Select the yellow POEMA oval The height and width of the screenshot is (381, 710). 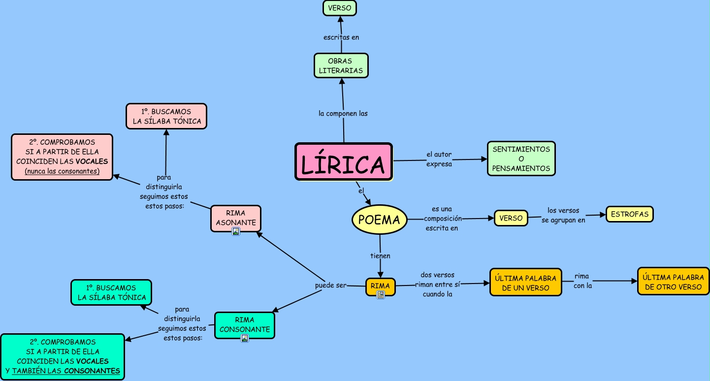click(x=380, y=220)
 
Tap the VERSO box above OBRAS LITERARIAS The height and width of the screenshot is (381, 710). click(x=340, y=8)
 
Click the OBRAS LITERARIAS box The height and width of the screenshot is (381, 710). click(x=341, y=65)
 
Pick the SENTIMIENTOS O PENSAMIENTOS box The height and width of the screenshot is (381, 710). click(x=521, y=159)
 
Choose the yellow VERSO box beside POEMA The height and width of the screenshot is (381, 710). click(x=511, y=218)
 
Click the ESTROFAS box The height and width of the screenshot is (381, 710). click(x=630, y=215)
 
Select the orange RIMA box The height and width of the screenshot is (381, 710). click(x=380, y=286)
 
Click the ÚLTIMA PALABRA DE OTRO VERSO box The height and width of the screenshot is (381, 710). click(x=673, y=281)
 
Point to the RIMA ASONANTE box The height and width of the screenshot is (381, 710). click(x=236, y=218)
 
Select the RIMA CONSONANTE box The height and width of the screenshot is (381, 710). click(x=245, y=324)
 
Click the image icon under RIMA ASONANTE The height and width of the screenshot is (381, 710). click(x=236, y=231)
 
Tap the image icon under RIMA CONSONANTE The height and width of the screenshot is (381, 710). click(x=245, y=338)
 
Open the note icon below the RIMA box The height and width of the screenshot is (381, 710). click(x=380, y=294)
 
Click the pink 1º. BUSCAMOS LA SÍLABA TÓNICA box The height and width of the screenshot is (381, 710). click(x=166, y=116)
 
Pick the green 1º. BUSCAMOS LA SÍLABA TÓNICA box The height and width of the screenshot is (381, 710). click(x=111, y=292)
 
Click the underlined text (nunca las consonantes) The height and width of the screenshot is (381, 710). click(x=62, y=171)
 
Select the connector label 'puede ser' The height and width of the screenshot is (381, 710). click(x=331, y=286)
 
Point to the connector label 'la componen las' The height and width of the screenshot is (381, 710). click(x=343, y=113)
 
